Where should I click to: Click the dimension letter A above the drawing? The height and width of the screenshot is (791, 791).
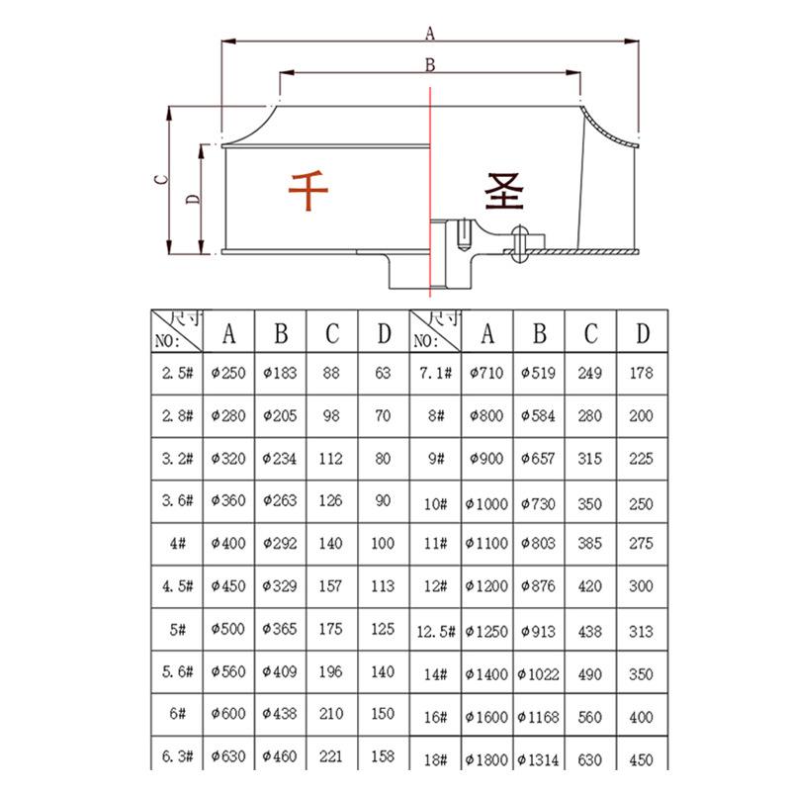pyautogui.click(x=430, y=33)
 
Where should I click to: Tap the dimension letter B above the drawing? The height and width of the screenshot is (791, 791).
pyautogui.click(x=430, y=64)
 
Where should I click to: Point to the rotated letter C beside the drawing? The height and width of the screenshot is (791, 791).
pyautogui.click(x=158, y=179)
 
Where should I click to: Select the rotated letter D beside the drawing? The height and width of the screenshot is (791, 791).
pyautogui.click(x=194, y=198)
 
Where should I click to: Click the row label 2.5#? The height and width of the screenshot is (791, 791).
pyautogui.click(x=177, y=375)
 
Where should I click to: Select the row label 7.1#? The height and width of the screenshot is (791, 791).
pyautogui.click(x=436, y=375)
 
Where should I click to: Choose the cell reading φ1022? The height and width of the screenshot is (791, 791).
pyautogui.click(x=539, y=674)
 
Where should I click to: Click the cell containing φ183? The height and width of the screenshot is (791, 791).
pyautogui.click(x=281, y=375)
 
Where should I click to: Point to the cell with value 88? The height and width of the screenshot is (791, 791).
pyautogui.click(x=332, y=375)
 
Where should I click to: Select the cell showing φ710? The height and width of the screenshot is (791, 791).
pyautogui.click(x=487, y=375)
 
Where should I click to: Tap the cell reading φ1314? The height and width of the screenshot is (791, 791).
pyautogui.click(x=539, y=759)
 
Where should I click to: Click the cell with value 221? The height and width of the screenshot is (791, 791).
pyautogui.click(x=332, y=758)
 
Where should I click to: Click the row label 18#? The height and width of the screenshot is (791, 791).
pyautogui.click(x=436, y=759)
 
